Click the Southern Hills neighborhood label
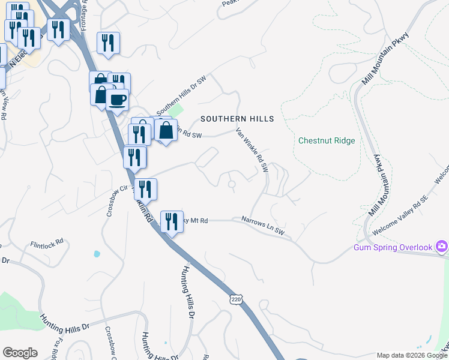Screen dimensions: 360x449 coord(237,119)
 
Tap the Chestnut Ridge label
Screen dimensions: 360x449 coord(327,141)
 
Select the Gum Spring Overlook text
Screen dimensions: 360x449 coord(393,247)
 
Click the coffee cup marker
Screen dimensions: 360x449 coord(118,100)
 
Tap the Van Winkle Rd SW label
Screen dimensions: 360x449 coord(252,150)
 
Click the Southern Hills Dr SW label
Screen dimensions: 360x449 coord(181,98)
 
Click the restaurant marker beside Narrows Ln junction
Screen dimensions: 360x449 coord(172,221)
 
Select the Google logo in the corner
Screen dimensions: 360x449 coord(20,353)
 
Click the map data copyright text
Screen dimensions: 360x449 coord(412,356)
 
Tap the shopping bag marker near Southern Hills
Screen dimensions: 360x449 coord(166,130)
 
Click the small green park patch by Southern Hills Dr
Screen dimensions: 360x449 coord(175,111)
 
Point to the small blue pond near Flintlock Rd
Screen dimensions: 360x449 coord(97,254)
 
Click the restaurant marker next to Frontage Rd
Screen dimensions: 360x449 coord(108,43)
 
